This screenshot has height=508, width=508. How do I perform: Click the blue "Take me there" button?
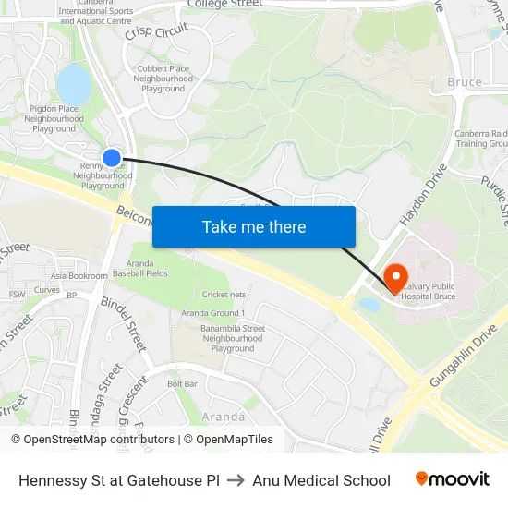tap(254, 226)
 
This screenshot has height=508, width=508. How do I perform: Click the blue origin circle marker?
tap(112, 158)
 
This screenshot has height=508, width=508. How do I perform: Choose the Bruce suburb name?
tap(464, 82)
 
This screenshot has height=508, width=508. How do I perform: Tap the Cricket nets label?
tap(224, 295)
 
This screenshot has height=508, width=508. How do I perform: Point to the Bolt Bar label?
tap(183, 383)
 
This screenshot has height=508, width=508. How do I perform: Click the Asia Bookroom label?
tap(79, 275)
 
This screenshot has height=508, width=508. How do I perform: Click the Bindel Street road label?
tap(123, 323)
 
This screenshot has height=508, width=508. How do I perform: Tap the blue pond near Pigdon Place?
tap(74, 86)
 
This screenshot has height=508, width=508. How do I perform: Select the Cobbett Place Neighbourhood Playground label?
tap(163, 79)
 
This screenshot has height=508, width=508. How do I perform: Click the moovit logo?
tap(452, 479)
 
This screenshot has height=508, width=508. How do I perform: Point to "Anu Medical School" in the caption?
tap(321, 480)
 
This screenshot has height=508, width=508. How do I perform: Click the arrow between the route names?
tap(236, 480)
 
